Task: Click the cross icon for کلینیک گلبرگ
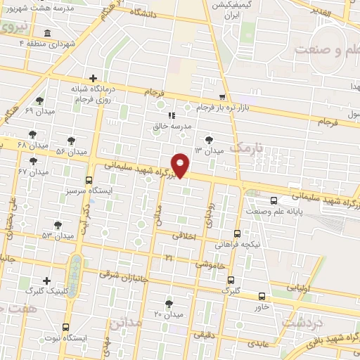46,281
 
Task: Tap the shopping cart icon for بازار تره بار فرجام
222,97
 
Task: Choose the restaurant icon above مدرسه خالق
169,115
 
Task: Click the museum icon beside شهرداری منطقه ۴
46,33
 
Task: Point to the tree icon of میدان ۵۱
58,225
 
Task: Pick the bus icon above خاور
262,296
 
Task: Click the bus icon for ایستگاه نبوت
65,327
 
